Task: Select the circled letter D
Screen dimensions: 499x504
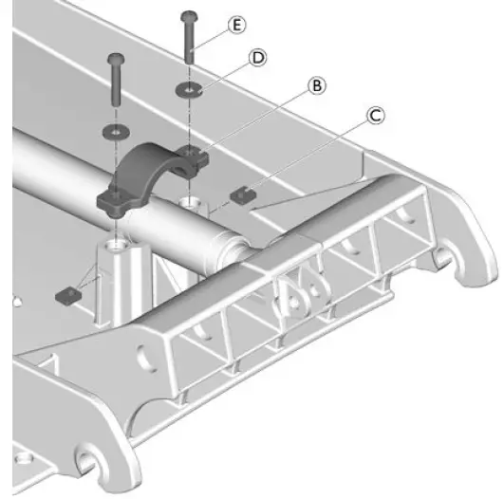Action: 255,58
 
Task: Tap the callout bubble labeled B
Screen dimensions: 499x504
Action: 316,85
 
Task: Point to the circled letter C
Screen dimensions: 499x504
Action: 375,116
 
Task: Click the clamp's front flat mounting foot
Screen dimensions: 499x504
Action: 114,202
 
